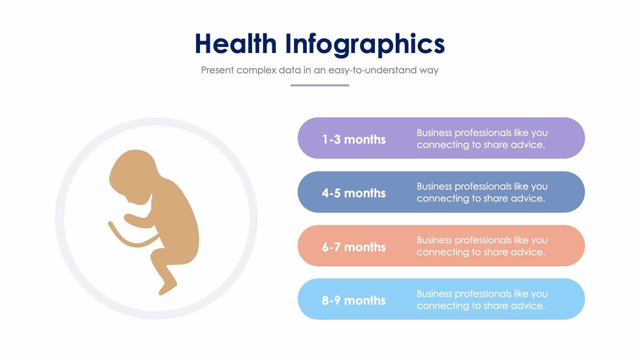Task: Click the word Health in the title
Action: pos(236,43)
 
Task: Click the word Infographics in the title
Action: pos(365,45)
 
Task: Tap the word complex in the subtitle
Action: pos(256,71)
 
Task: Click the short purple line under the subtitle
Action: pos(319,86)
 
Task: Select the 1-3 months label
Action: pos(354,140)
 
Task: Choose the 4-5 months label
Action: pos(354,193)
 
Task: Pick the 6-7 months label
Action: pos(354,247)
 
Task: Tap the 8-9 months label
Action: pos(354,301)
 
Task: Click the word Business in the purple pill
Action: pos(434,133)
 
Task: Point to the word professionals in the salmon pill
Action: pos(483,240)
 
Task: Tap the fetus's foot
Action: pos(167,287)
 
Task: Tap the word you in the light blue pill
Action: pos(539,294)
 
